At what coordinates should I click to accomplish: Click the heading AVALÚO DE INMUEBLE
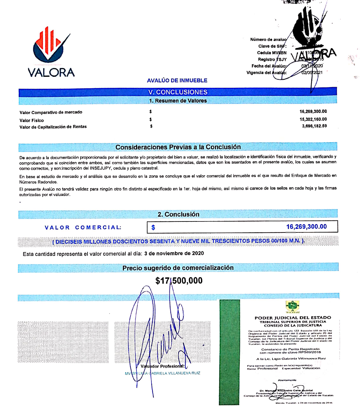click(x=177, y=80)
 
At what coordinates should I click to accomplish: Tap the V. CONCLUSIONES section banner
click(x=178, y=92)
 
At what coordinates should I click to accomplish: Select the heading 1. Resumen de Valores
click(x=178, y=101)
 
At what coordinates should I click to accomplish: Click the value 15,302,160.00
click(x=313, y=119)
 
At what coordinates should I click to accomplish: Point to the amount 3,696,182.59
click(x=314, y=126)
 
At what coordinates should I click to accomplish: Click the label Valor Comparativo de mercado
click(x=51, y=112)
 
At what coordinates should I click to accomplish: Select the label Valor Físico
click(x=32, y=120)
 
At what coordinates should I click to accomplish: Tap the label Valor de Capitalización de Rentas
click(x=53, y=127)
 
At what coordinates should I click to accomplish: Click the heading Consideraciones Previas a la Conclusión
click(x=178, y=147)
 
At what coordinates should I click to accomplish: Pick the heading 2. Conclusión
click(x=178, y=214)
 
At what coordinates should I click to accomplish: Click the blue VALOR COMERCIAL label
click(x=83, y=227)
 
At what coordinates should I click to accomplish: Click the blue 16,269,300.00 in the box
click(x=306, y=227)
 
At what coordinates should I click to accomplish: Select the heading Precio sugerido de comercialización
click(x=178, y=268)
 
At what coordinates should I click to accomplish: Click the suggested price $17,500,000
click(x=179, y=281)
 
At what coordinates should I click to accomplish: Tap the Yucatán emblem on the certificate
click(x=292, y=306)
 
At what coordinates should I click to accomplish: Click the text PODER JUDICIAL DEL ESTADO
click(x=293, y=318)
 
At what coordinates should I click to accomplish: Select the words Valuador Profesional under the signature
click(x=162, y=366)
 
